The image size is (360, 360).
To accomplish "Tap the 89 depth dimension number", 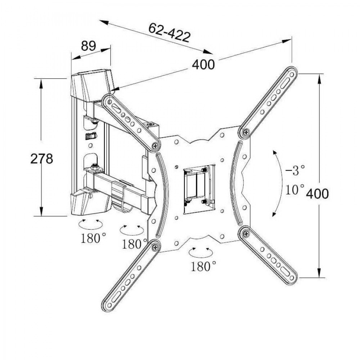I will click(x=88, y=46).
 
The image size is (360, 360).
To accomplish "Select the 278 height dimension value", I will click(x=41, y=158).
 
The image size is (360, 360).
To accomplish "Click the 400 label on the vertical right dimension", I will click(x=318, y=194).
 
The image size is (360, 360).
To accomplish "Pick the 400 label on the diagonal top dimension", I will click(x=203, y=65).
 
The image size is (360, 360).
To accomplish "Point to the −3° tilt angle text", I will click(x=295, y=170).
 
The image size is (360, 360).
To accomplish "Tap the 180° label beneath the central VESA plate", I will click(x=204, y=266).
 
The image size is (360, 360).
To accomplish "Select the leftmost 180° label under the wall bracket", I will click(x=93, y=238).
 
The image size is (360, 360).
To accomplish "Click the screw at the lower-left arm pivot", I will click(x=155, y=247).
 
